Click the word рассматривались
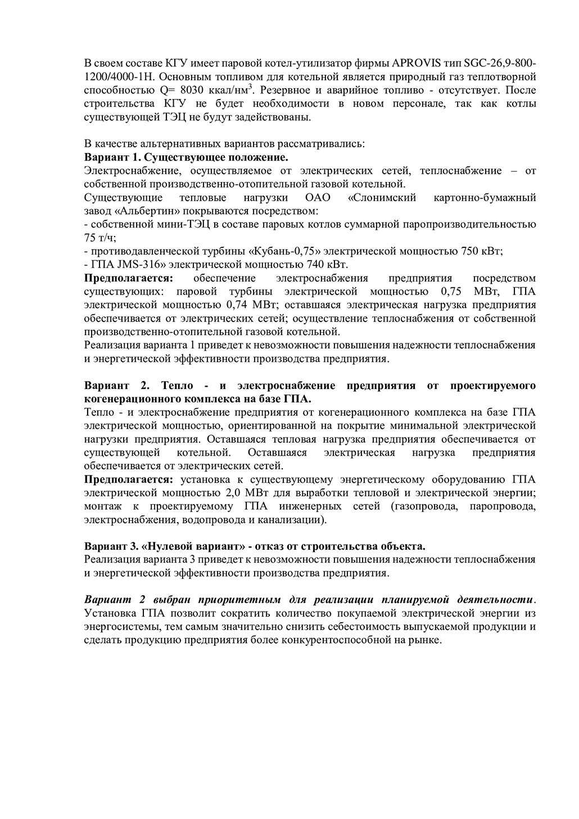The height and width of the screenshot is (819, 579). pos(322,143)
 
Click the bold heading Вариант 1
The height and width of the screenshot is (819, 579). pos(108,157)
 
